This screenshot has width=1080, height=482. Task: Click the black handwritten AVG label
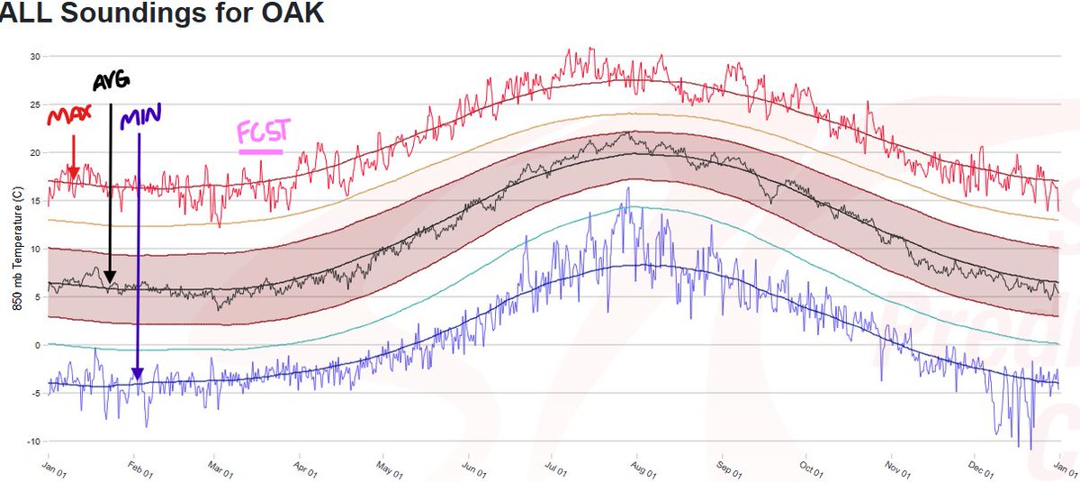(x=112, y=82)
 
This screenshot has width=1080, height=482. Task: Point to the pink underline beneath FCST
(x=261, y=150)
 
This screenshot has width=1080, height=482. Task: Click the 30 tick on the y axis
(x=36, y=56)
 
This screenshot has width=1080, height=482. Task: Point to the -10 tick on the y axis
(x=33, y=441)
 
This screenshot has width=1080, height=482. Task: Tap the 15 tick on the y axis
(x=36, y=201)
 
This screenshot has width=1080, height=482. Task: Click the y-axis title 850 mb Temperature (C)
(x=17, y=250)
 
